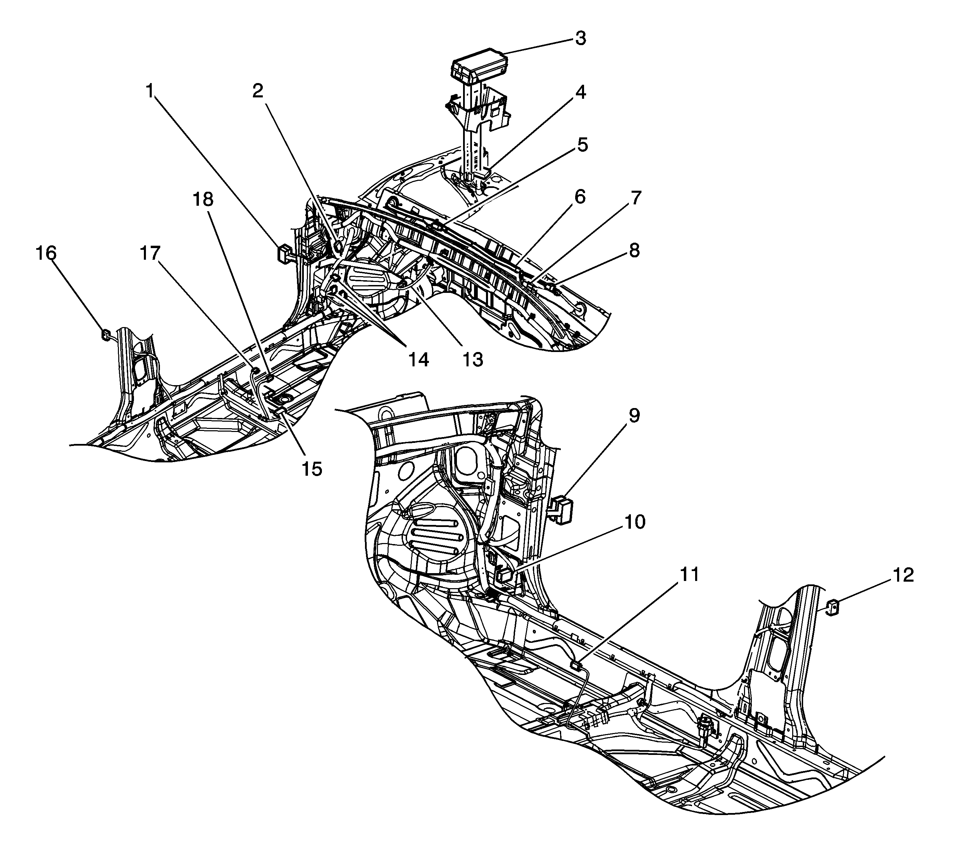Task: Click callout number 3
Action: (x=580, y=39)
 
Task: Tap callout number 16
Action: (x=46, y=253)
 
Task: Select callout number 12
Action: (x=903, y=575)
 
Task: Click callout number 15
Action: (x=312, y=469)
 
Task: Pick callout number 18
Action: (x=203, y=200)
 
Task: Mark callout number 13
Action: (x=473, y=360)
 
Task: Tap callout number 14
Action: (x=418, y=360)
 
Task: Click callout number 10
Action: (x=635, y=522)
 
